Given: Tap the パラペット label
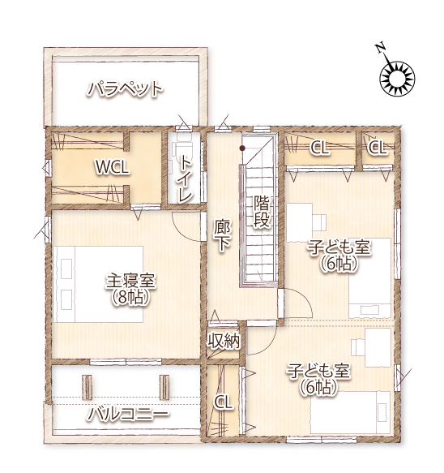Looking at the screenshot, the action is pos(126,89).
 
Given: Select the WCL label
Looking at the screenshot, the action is pos(113,167).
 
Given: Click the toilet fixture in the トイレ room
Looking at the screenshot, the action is pos(183,148).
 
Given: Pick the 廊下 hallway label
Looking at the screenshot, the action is pos(222,235).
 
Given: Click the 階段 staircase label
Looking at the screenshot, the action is pos(261,211).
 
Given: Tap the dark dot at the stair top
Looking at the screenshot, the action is pos(242,148).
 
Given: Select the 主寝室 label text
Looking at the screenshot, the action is pos(130,281).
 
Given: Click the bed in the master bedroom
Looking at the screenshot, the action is pos(98,285).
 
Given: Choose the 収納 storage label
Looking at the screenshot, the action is pos(224,342).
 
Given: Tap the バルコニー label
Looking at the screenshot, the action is pos(128,414).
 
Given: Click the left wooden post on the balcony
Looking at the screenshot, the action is pos(87,387).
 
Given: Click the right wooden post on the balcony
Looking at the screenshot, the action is pos(164,387).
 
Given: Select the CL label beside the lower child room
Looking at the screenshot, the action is pos(223,402).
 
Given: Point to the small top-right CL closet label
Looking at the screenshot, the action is pos(377,148).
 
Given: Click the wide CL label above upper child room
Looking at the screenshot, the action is pos(319,148).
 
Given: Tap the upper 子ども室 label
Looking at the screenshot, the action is pos(339,248).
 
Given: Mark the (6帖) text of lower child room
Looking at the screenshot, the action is pos(318,387).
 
